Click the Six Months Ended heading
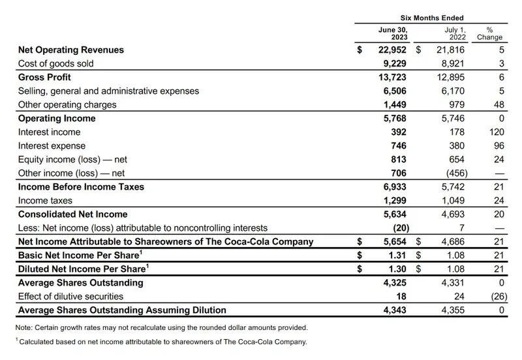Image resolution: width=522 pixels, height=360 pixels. tap(431, 18)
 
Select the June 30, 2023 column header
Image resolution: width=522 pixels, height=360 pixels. tap(391, 33)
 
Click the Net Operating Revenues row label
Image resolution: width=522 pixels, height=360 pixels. tap(71, 50)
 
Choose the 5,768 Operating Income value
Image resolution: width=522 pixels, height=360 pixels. tap(393, 119)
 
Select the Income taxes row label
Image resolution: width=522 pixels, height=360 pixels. tap(45, 201)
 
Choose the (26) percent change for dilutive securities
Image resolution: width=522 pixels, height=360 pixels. tap(495, 297)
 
